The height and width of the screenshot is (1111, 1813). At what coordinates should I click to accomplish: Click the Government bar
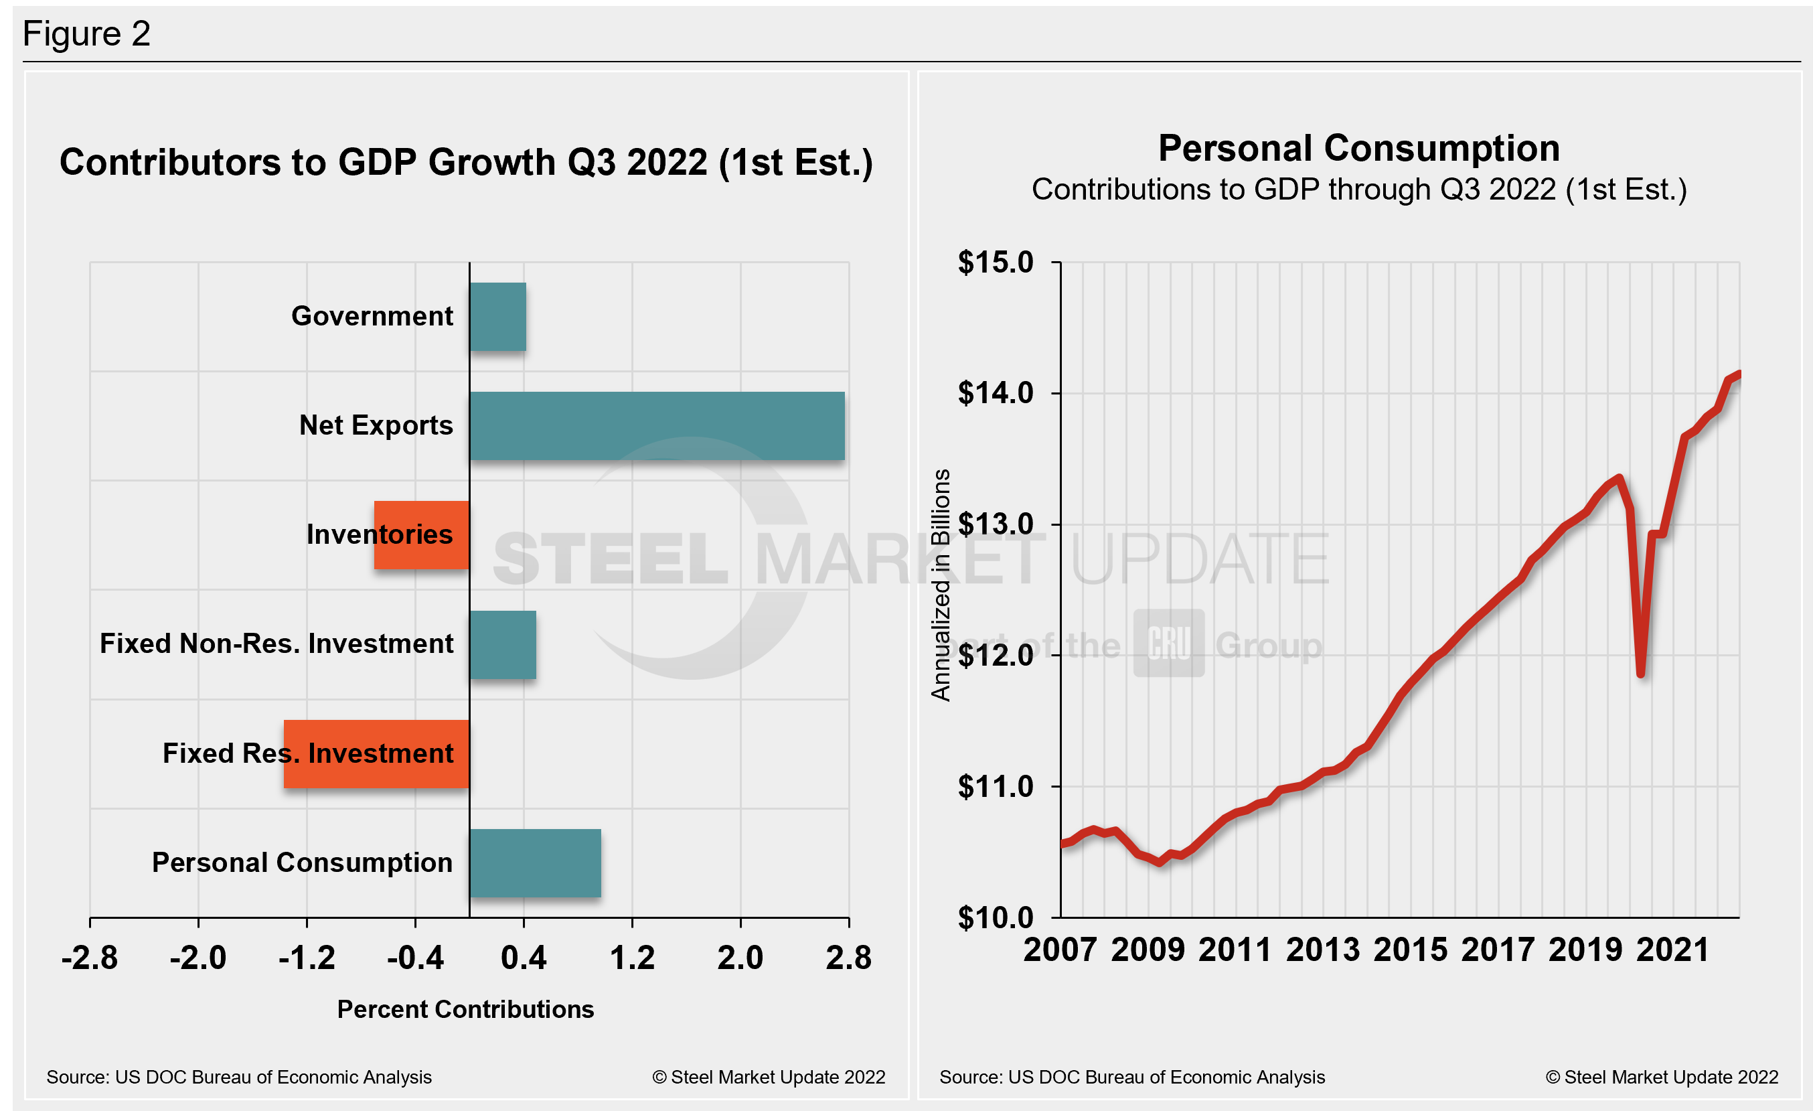[497, 316]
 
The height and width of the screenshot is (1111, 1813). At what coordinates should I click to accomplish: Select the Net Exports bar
[656, 426]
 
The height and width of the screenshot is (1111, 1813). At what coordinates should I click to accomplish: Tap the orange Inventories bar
[422, 535]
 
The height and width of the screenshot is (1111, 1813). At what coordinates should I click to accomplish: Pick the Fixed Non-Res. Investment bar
[503, 644]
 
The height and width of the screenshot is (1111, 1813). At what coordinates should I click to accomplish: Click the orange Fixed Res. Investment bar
[376, 753]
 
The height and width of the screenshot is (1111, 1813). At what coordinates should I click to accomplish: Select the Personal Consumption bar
[535, 863]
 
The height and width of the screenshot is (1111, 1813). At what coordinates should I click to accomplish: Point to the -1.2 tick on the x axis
[307, 957]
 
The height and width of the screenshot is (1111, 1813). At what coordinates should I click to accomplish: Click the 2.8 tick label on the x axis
[848, 957]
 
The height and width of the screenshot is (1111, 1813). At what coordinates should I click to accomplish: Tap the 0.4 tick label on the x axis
[523, 957]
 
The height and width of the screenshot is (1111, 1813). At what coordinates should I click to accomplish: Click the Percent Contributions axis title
[465, 1009]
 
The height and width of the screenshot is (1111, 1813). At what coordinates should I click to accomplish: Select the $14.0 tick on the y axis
[996, 393]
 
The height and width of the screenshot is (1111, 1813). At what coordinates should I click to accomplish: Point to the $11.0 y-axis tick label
[996, 786]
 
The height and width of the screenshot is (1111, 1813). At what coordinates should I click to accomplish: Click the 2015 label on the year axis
[1410, 949]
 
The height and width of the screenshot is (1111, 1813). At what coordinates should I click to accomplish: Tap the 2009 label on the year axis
[1147, 949]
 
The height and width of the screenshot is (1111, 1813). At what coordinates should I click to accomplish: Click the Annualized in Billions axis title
[941, 585]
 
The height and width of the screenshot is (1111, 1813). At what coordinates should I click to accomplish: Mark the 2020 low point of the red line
[1641, 673]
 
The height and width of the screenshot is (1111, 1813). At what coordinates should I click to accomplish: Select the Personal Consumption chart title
[1358, 149]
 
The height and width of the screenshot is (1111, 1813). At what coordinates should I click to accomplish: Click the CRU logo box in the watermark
[1168, 643]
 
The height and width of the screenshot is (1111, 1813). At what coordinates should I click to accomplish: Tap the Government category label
[372, 316]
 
